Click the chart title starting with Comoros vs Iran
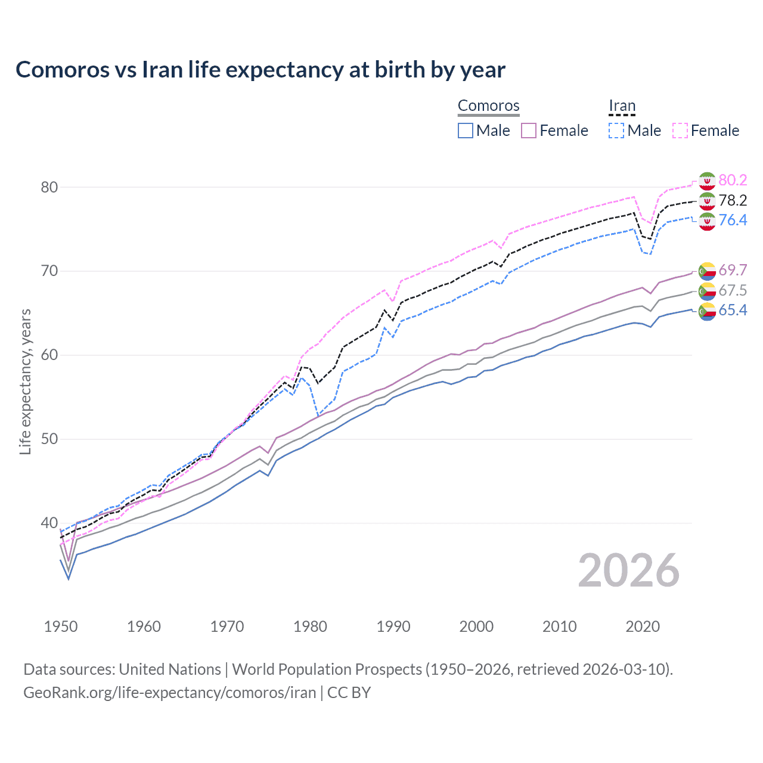click(260, 70)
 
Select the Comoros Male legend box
click(466, 131)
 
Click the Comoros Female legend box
click(529, 131)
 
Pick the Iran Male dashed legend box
click(616, 131)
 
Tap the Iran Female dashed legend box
click(680, 131)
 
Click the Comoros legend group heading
click(489, 106)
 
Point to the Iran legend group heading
click(622, 106)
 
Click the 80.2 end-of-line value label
click(733, 180)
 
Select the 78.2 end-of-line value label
click(733, 200)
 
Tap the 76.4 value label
click(733, 221)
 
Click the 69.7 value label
click(733, 270)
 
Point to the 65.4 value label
click(733, 310)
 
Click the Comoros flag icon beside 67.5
click(707, 291)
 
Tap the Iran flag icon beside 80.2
click(707, 181)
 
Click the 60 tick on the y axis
click(49, 355)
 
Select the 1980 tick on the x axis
click(311, 626)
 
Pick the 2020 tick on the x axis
click(643, 626)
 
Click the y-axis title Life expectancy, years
click(25, 381)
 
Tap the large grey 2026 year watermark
click(629, 570)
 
